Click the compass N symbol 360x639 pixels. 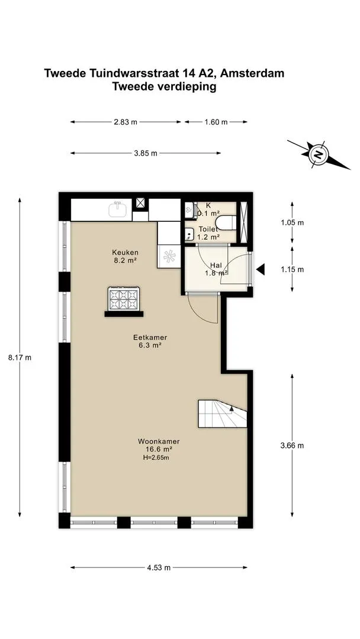(x=319, y=154)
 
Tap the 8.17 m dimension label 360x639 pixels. (x=20, y=358)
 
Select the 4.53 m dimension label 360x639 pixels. (x=159, y=567)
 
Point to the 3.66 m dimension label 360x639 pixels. (x=292, y=446)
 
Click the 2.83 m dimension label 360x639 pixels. (x=126, y=122)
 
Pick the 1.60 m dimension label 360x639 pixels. (x=216, y=122)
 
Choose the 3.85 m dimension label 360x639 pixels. (x=146, y=153)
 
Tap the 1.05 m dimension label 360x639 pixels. (x=292, y=223)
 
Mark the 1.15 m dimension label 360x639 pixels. (x=292, y=269)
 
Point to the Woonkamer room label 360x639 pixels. (x=159, y=441)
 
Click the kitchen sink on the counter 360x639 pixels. (x=118, y=209)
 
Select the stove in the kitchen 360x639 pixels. (x=124, y=299)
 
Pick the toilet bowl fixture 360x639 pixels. (x=226, y=223)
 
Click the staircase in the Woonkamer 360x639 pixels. (x=223, y=414)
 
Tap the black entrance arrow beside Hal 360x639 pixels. (x=260, y=269)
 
